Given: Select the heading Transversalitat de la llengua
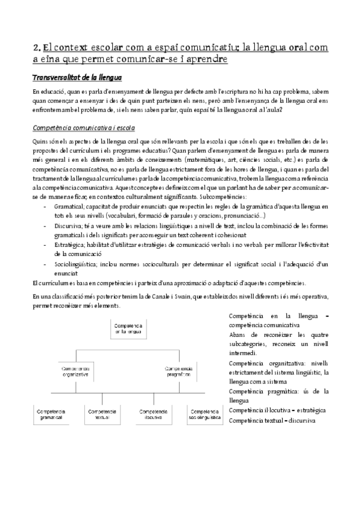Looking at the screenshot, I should [x=77, y=78].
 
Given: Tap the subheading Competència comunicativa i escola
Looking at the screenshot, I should [x=84, y=128].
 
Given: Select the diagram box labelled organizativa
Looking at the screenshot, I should [x=74, y=370].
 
